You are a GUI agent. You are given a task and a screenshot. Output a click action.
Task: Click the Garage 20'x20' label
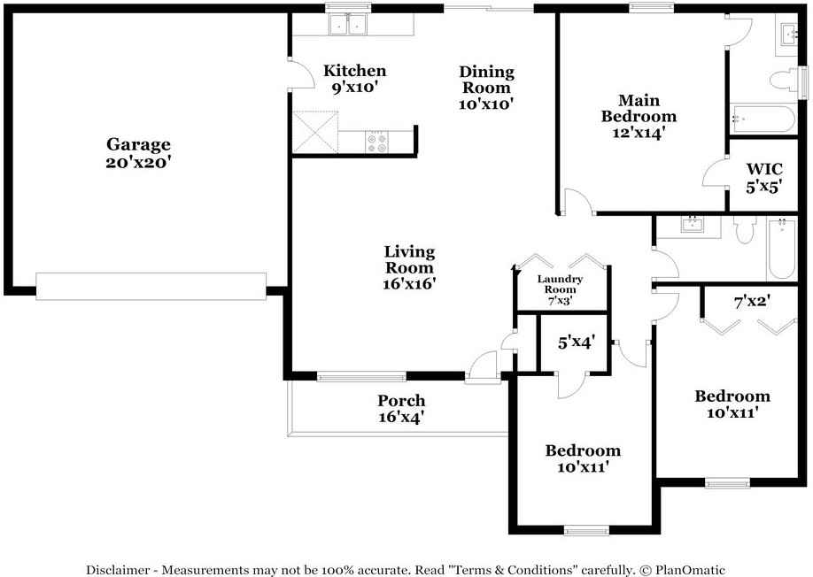pos(139,153)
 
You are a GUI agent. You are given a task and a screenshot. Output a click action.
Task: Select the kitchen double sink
pos(347,25)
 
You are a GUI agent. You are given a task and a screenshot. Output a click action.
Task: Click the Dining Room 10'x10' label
pos(486,88)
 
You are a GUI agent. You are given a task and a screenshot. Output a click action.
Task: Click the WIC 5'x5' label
pos(764,176)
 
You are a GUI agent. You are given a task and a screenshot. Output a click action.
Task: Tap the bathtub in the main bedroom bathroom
pos(762,119)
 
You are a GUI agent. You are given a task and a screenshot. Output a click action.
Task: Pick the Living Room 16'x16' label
pos(409,267)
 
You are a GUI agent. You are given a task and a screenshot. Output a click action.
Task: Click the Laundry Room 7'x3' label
pos(561,289)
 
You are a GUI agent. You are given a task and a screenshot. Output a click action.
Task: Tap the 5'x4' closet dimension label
pos(576,341)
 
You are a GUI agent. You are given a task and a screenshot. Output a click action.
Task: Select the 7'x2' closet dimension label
pos(752,301)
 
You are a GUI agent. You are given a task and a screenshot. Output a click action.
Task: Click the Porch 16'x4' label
pos(401,408)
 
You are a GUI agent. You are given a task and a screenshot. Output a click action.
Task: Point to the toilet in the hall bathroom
pos(743,231)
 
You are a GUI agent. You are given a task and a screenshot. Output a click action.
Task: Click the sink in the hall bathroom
pos(693,225)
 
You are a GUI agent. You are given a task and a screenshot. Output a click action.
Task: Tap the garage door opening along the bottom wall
pos(151,285)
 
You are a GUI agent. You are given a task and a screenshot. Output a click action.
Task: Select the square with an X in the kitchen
pos(316,132)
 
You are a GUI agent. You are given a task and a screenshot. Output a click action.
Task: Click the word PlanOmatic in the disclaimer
pos(689,570)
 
